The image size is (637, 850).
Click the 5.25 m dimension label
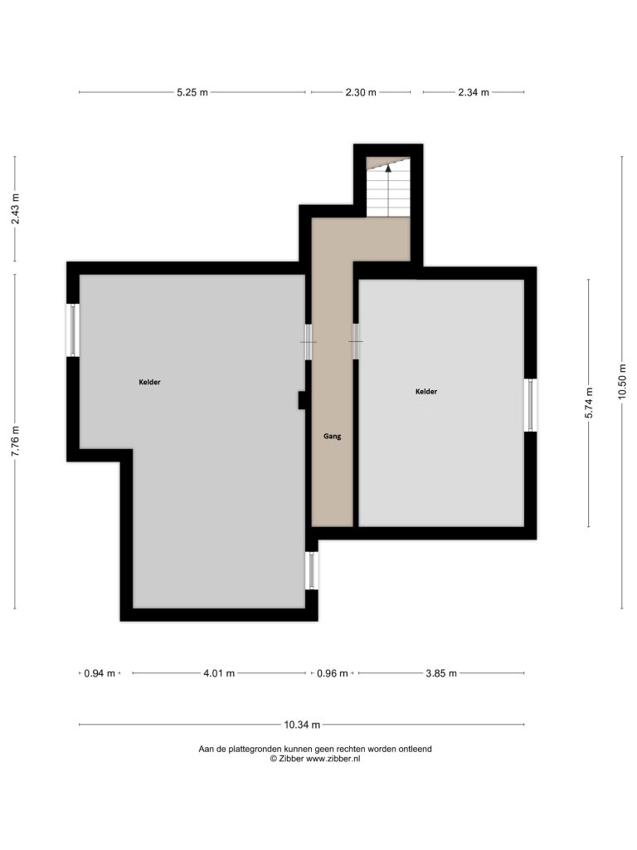(192, 92)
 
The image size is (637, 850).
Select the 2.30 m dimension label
(361, 92)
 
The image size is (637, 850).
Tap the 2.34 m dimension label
(474, 92)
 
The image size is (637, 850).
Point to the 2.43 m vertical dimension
(15, 208)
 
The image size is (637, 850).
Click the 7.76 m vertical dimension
(15, 442)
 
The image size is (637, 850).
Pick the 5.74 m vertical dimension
(589, 403)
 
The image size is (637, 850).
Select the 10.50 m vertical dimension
(622, 381)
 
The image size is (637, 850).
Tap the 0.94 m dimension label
(100, 673)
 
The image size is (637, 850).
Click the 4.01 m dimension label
(219, 673)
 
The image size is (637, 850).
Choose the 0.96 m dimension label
(332, 673)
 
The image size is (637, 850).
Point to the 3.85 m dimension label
(441, 673)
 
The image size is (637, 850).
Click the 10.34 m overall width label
(302, 724)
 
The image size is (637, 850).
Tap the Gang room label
(332, 436)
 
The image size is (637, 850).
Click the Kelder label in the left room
(149, 382)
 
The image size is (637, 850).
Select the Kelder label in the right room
(426, 392)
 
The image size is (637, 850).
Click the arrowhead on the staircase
(388, 168)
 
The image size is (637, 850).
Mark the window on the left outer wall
(73, 330)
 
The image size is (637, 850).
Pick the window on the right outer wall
(530, 405)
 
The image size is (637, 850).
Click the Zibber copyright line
(315, 759)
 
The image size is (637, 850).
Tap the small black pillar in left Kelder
(302, 400)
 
